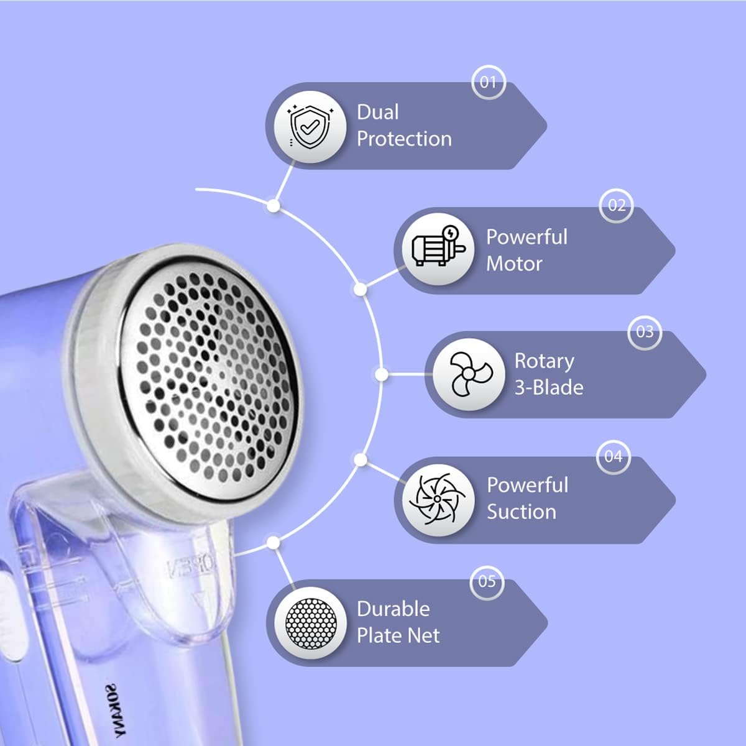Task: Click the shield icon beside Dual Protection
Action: point(310,126)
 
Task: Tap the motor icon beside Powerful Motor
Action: point(438,246)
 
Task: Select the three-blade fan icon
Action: point(469,374)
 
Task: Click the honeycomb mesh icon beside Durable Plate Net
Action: point(310,624)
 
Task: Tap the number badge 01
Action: point(489,82)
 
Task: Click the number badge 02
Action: point(616,205)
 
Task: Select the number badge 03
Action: point(645,332)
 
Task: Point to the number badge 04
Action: point(614,457)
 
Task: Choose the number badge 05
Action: point(487,581)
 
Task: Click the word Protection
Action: point(404,139)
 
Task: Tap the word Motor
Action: point(514,264)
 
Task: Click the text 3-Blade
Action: point(548,387)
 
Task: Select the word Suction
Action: point(522,512)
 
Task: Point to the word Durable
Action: point(394,609)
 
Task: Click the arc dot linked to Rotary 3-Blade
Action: point(382,374)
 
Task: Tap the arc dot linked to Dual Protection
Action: point(274,206)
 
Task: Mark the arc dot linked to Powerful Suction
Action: point(361,460)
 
